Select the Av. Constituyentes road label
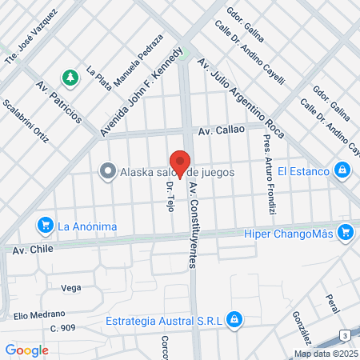[x=193, y=224]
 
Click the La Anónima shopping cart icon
[x=46, y=226]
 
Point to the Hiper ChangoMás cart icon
[x=346, y=233]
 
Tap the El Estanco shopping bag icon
[x=342, y=170]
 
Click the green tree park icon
[x=71, y=77]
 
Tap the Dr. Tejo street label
[x=170, y=195]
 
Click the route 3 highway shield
[x=343, y=334]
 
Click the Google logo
[x=27, y=350]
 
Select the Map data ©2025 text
[x=326, y=354]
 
